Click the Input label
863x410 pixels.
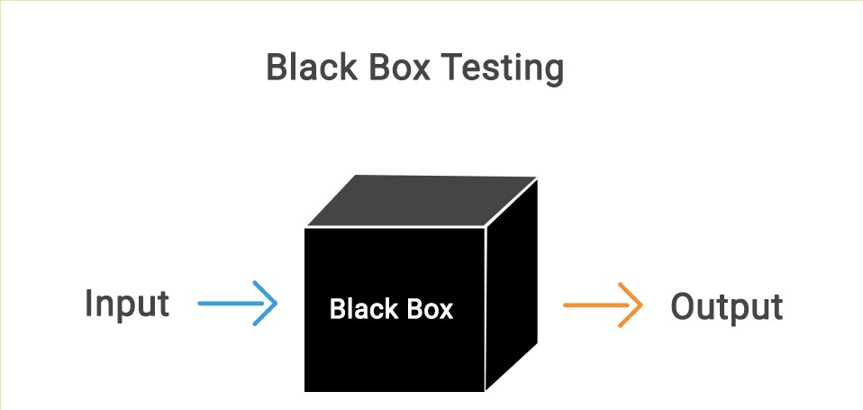coord(127,305)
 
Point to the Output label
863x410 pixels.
coord(727,306)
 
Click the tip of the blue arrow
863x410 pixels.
coord(277,304)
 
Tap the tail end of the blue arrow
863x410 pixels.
coord(199,304)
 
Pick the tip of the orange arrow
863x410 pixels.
coord(641,305)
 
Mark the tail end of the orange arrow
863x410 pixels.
coord(565,305)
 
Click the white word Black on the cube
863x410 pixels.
coord(363,309)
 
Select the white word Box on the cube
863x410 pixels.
coord(428,309)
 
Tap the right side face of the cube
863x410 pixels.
coord(512,284)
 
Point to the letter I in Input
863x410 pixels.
coord(89,304)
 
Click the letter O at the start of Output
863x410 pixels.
coord(685,307)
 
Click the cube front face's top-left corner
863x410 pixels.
coord(305,229)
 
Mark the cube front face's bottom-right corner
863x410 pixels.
coord(485,390)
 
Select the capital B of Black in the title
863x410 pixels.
coord(275,68)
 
